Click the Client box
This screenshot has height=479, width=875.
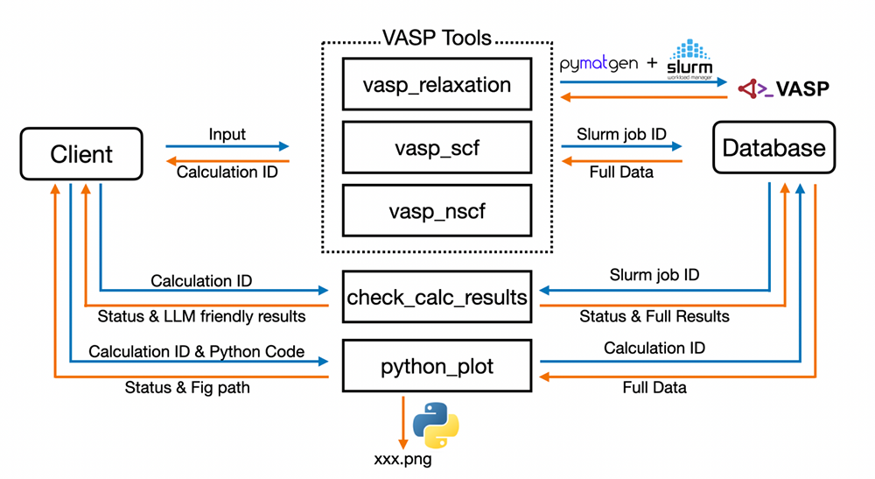point(81,154)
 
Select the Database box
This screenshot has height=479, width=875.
point(773,147)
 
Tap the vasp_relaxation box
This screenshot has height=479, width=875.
point(437,84)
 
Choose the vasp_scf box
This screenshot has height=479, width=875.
point(437,148)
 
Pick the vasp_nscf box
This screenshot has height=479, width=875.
point(437,211)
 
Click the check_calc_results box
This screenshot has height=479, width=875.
point(437,297)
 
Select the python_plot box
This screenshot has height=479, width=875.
point(437,365)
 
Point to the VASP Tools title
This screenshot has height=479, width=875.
point(437,39)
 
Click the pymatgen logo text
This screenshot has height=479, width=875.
point(598,64)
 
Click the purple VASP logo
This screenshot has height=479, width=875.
point(783,88)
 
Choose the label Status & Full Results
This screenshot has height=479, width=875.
point(654,316)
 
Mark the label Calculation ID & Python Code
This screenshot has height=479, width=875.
point(196,351)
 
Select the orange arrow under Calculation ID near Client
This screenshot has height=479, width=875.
point(227,160)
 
